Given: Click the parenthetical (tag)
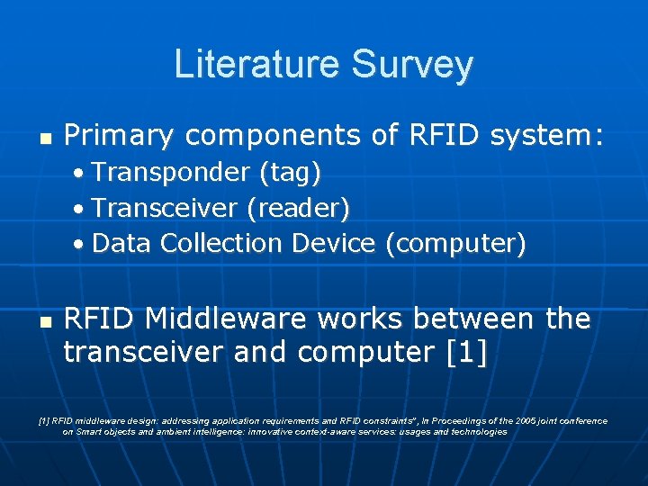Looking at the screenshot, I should pos(291,171).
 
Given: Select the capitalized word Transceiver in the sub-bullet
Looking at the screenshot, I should pos(165,207).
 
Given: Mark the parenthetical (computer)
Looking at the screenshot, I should pos(454,243).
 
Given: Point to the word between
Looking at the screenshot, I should pos(464,319).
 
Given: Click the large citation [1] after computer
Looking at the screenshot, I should pos(466,353).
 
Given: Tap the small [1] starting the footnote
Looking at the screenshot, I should pos(44,420).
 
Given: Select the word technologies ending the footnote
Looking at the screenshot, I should pos(476,432).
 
